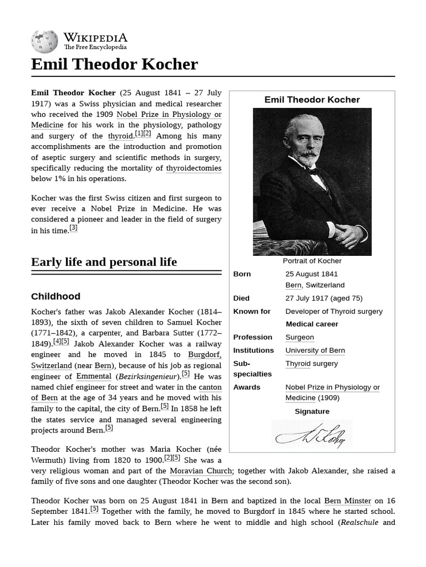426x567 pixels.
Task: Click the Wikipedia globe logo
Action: [x=44, y=42]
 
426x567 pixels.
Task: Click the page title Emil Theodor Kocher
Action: [x=114, y=64]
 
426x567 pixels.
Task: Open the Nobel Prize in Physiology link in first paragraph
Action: [x=169, y=114]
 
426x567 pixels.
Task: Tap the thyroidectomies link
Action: [x=194, y=168]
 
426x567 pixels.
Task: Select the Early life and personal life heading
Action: [x=104, y=262]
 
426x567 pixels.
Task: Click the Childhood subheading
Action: [x=55, y=296]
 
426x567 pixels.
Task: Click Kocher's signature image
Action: [x=312, y=434]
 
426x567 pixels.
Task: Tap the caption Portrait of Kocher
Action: [x=312, y=261]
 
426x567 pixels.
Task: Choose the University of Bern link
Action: [x=315, y=350]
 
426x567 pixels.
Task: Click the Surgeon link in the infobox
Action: [x=300, y=337]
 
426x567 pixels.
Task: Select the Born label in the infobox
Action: [x=242, y=274]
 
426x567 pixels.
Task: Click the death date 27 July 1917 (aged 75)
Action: [x=323, y=298]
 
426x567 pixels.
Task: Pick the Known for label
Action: [x=252, y=311]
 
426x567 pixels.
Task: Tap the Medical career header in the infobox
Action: [x=312, y=324]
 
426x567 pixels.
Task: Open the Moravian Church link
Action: [x=201, y=471]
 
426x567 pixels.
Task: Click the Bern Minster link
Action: [x=347, y=501]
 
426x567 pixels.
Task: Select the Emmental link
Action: [x=94, y=376]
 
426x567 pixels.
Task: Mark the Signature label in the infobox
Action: [x=312, y=411]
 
